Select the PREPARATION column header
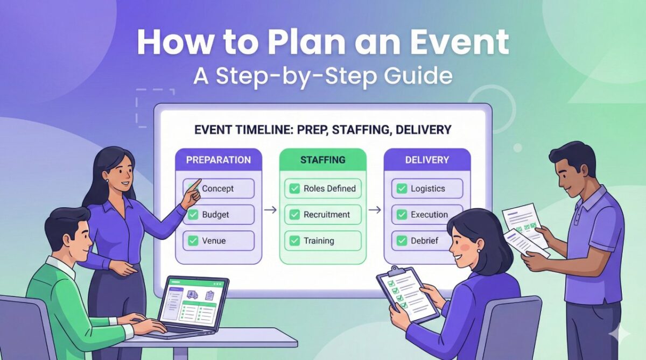pyautogui.click(x=219, y=160)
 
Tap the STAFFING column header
pyautogui.click(x=323, y=160)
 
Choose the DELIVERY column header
pyautogui.click(x=427, y=160)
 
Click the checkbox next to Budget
pyautogui.click(x=193, y=215)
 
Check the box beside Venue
pyautogui.click(x=193, y=241)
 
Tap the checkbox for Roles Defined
pyautogui.click(x=294, y=188)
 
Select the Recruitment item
pyautogui.click(x=326, y=214)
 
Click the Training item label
pyautogui.click(x=319, y=241)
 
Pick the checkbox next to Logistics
pyautogui.click(x=402, y=188)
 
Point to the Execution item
pyautogui.click(x=429, y=214)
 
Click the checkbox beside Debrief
pyautogui.click(x=402, y=241)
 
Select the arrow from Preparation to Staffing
pyautogui.click(x=271, y=210)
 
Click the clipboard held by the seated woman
pyautogui.click(x=408, y=293)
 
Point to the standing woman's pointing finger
pyautogui.click(x=198, y=183)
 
